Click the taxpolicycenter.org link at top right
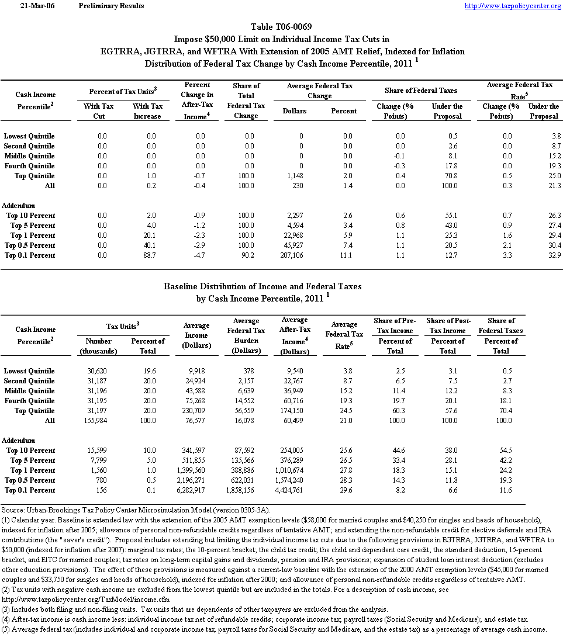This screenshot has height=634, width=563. (513, 6)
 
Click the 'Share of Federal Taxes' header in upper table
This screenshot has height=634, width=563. (421, 91)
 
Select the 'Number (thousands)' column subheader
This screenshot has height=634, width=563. (98, 346)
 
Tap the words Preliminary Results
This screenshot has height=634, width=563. (111, 6)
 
